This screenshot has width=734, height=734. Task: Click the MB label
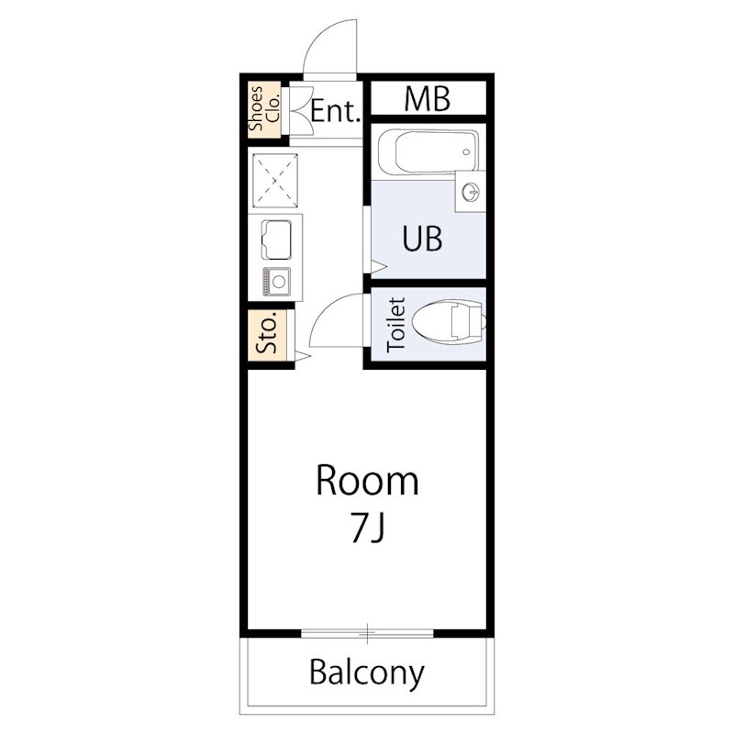(x=427, y=99)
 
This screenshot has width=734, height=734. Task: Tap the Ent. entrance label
(x=336, y=111)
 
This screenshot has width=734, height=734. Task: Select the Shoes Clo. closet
(x=264, y=109)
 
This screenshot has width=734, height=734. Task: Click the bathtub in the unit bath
(x=428, y=151)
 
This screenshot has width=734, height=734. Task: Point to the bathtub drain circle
(x=466, y=152)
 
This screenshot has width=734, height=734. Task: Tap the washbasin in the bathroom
(x=471, y=191)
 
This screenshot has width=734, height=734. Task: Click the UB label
(x=422, y=239)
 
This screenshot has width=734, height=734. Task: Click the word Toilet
(x=396, y=325)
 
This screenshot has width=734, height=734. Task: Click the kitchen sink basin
(x=276, y=239)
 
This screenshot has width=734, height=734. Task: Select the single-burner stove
(x=277, y=282)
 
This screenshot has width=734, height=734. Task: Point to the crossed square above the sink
(x=275, y=181)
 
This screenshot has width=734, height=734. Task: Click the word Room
(x=368, y=480)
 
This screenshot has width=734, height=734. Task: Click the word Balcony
(x=367, y=673)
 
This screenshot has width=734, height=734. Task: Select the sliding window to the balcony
(x=368, y=634)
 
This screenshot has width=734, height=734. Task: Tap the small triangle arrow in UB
(x=378, y=267)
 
